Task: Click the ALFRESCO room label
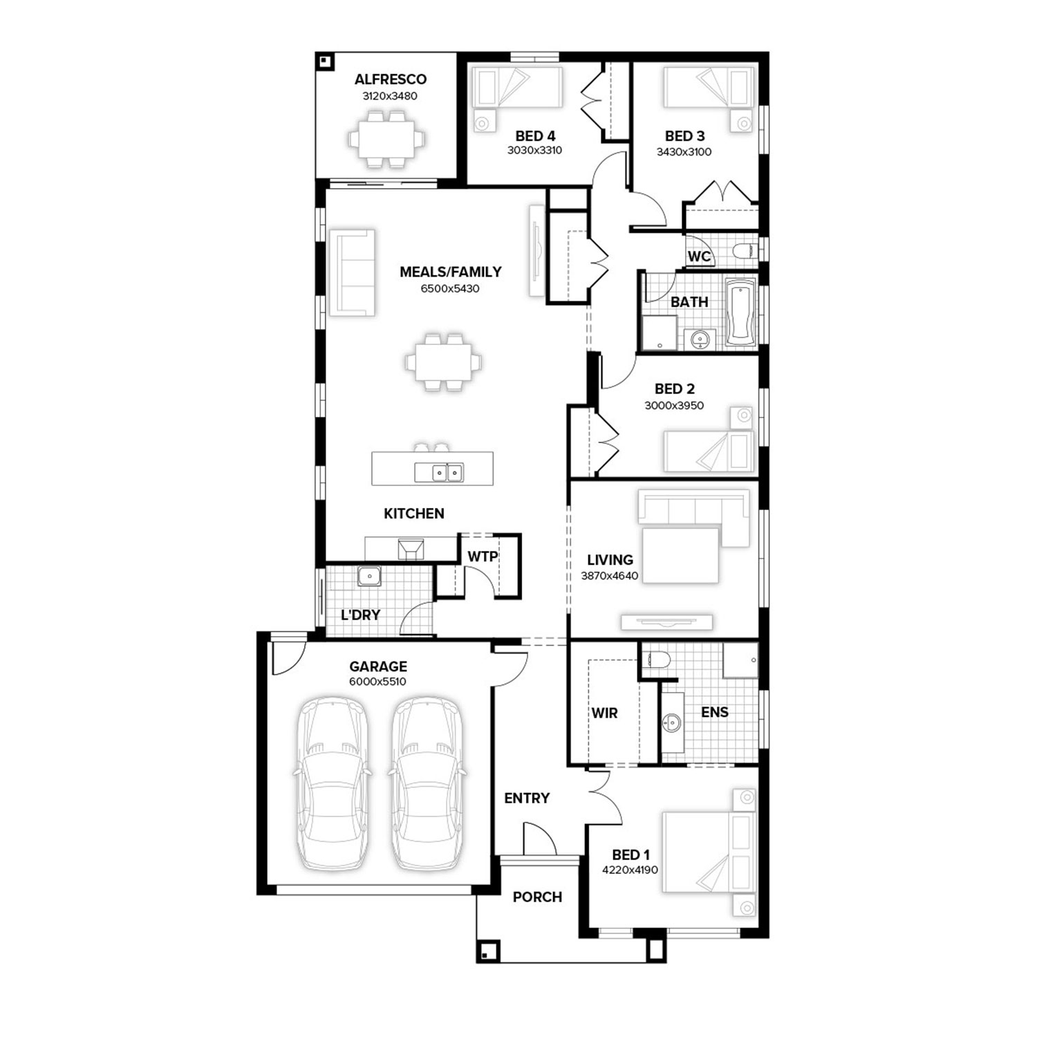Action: tap(391, 80)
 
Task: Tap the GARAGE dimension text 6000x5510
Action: tap(377, 682)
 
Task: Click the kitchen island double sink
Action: tap(439, 472)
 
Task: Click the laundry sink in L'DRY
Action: tap(369, 576)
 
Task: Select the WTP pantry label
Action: tap(483, 557)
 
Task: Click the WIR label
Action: tap(604, 713)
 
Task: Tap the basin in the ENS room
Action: tap(671, 723)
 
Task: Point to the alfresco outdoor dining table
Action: tap(387, 140)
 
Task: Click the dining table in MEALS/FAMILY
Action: tap(443, 362)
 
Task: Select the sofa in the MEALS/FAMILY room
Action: tap(352, 273)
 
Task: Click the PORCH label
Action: tap(537, 897)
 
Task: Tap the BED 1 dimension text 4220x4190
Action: tap(630, 870)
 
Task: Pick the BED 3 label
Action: tap(684, 136)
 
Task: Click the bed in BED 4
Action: tap(516, 87)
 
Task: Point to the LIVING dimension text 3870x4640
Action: tap(610, 575)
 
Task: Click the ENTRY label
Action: tap(527, 798)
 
